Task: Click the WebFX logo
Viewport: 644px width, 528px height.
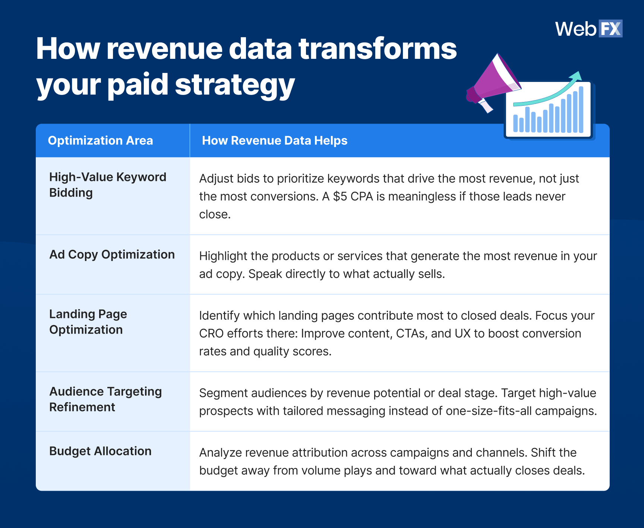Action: [x=588, y=29]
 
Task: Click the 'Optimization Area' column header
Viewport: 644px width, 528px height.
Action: [x=100, y=141]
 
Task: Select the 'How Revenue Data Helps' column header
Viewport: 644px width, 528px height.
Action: [x=274, y=141]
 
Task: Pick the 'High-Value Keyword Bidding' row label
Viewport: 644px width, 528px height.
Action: [x=108, y=185]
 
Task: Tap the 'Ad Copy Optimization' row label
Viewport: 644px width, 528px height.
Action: [x=112, y=255]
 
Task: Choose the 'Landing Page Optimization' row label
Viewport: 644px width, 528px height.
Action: [x=88, y=322]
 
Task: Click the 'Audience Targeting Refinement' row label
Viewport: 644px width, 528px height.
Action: [x=105, y=399]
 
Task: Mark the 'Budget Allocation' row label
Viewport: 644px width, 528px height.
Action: [x=100, y=451]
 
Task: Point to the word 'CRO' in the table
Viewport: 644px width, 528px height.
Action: [x=211, y=334]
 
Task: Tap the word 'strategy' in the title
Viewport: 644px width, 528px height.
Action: [x=235, y=85]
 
